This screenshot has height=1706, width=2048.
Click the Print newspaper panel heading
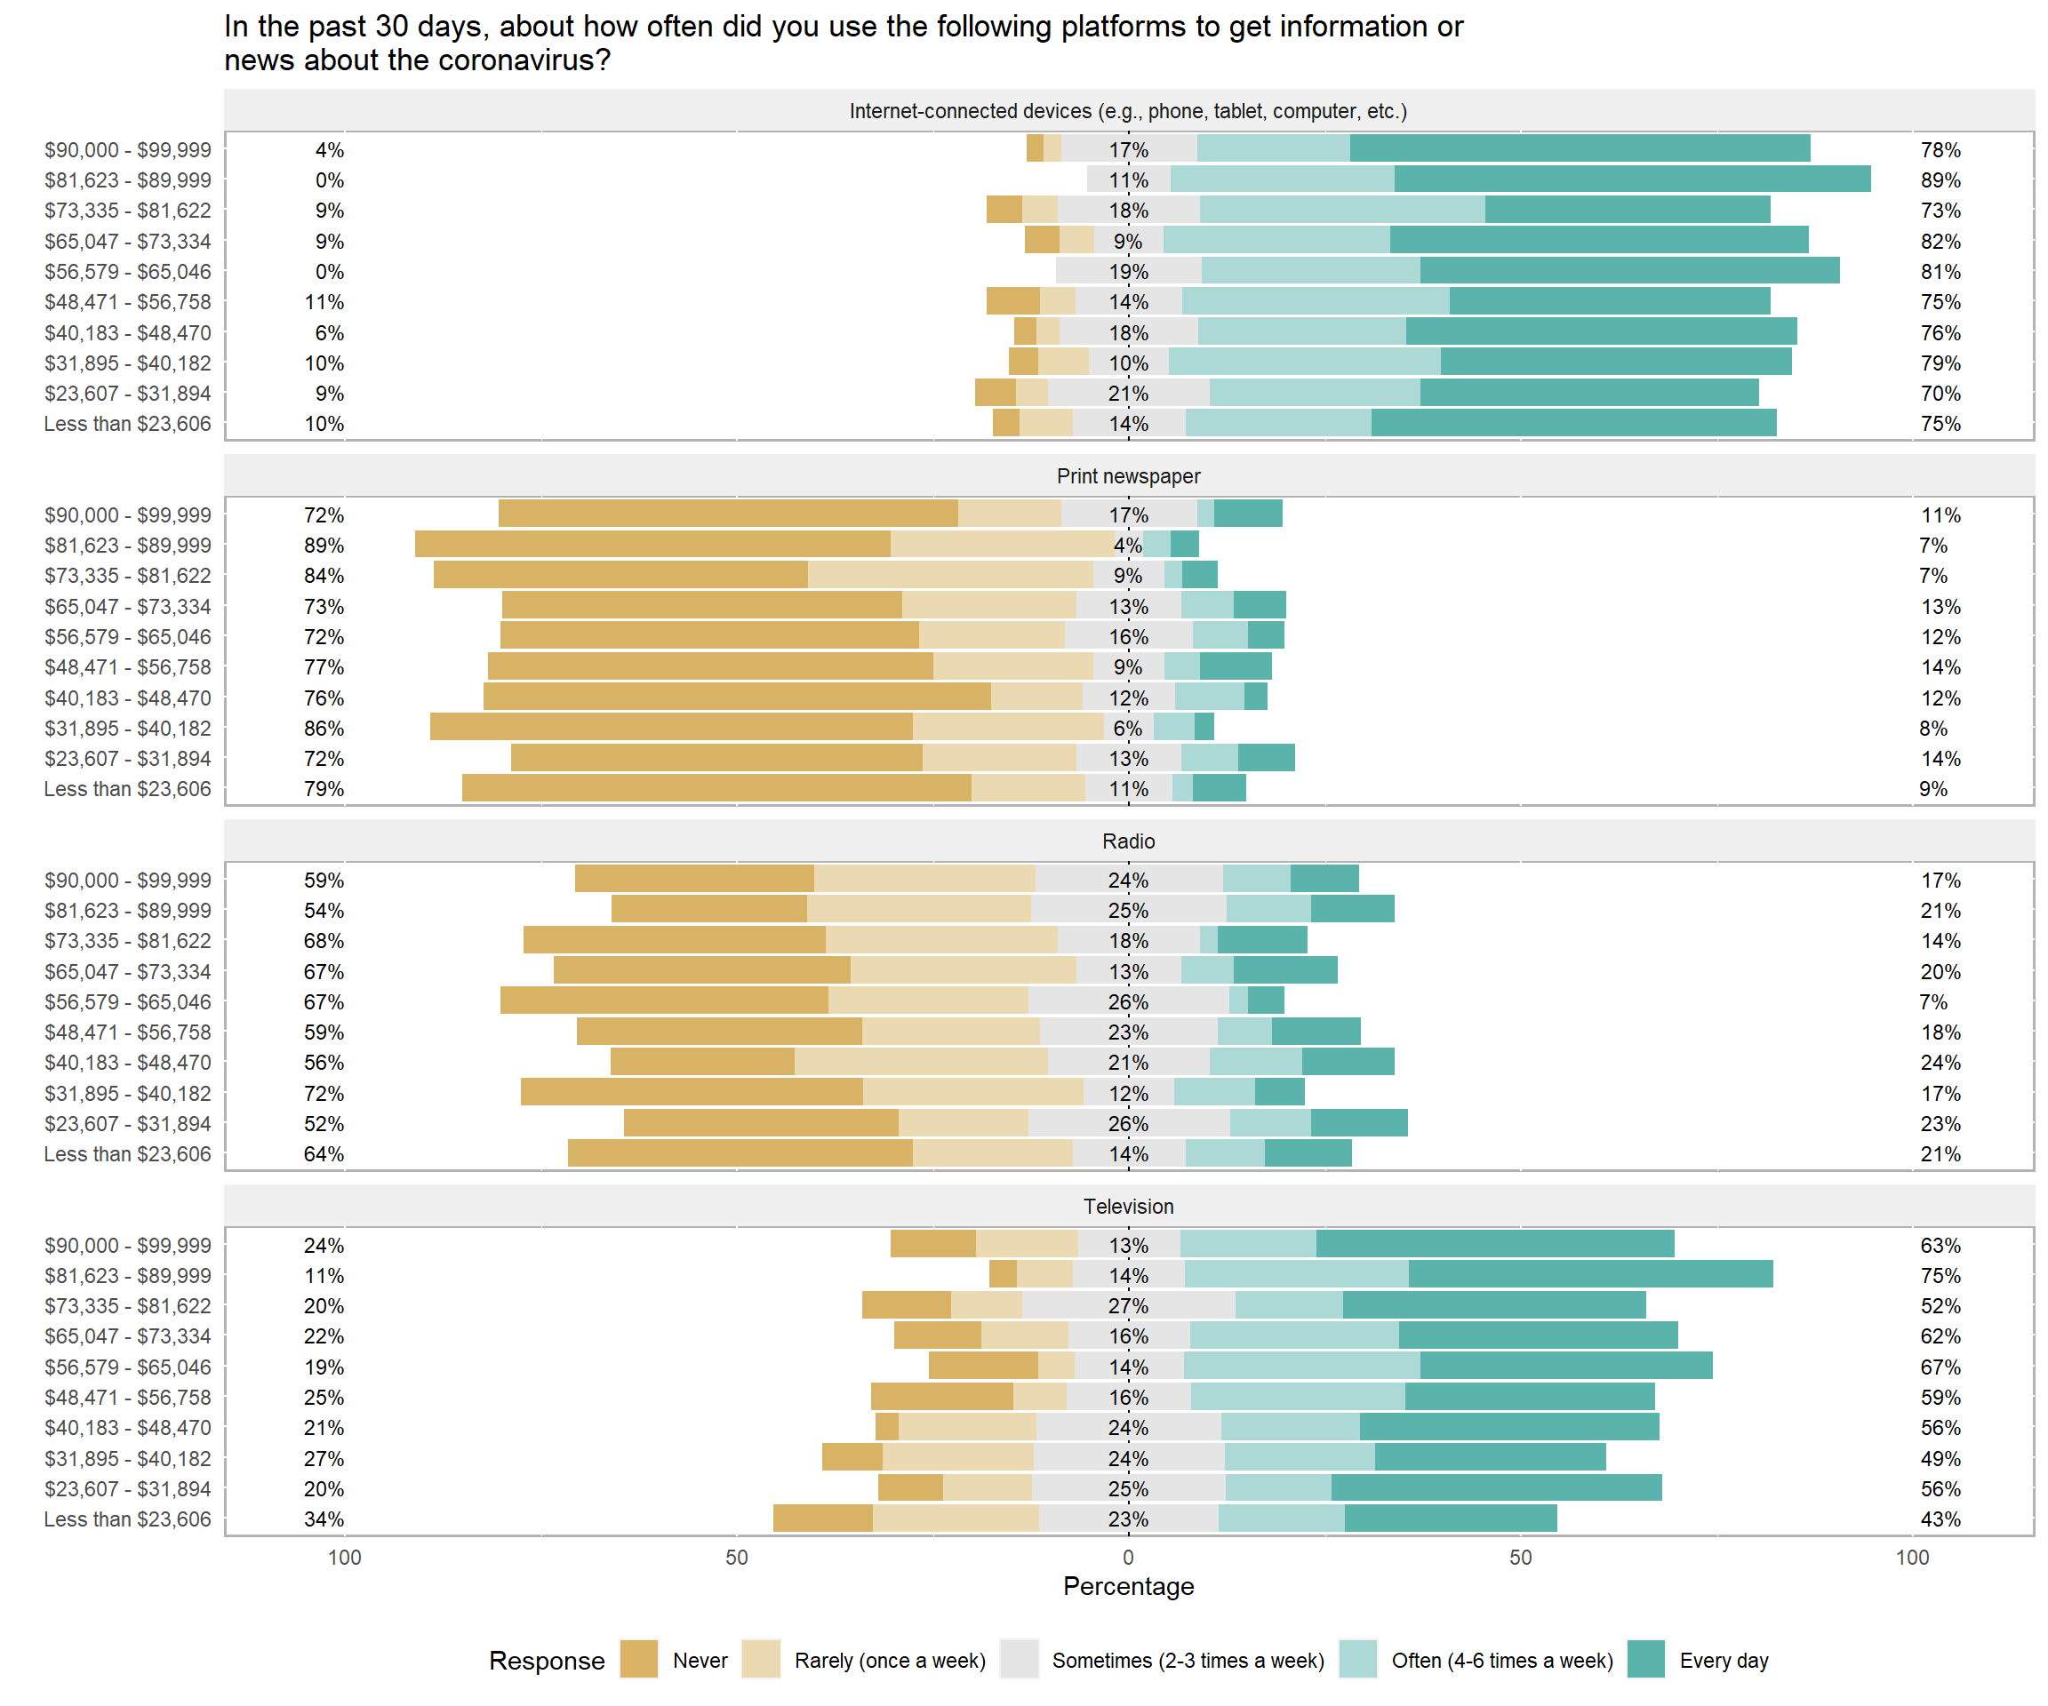pyautogui.click(x=1128, y=475)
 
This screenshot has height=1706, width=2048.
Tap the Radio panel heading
pyautogui.click(x=1128, y=841)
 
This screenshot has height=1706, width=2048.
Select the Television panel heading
pyautogui.click(x=1128, y=1206)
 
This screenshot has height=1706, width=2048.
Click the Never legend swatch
pyautogui.click(x=639, y=1659)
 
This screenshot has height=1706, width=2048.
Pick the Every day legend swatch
pyautogui.click(x=1646, y=1659)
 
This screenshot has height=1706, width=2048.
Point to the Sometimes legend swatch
pyautogui.click(x=1020, y=1659)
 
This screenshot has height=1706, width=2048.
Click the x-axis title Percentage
pyautogui.click(x=1128, y=1586)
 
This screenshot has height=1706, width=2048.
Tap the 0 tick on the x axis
pyautogui.click(x=1128, y=1557)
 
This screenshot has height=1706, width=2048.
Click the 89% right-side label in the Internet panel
pyautogui.click(x=1940, y=180)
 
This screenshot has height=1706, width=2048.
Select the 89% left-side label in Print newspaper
pyautogui.click(x=324, y=545)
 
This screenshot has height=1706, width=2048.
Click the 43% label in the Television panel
pyautogui.click(x=1940, y=1519)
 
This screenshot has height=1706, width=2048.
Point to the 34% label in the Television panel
pyautogui.click(x=324, y=1519)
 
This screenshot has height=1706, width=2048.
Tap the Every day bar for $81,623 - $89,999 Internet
pyautogui.click(x=1632, y=179)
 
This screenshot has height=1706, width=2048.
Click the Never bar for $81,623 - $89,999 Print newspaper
pyautogui.click(x=652, y=544)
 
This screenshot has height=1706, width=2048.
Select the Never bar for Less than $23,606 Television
pyautogui.click(x=822, y=1518)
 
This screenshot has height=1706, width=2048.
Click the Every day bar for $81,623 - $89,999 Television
pyautogui.click(x=1590, y=1274)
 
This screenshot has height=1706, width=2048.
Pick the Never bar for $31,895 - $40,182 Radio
pyautogui.click(x=692, y=1092)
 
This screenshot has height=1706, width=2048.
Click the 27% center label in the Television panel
pyautogui.click(x=1128, y=1306)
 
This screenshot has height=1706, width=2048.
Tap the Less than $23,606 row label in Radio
pyautogui.click(x=127, y=1154)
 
